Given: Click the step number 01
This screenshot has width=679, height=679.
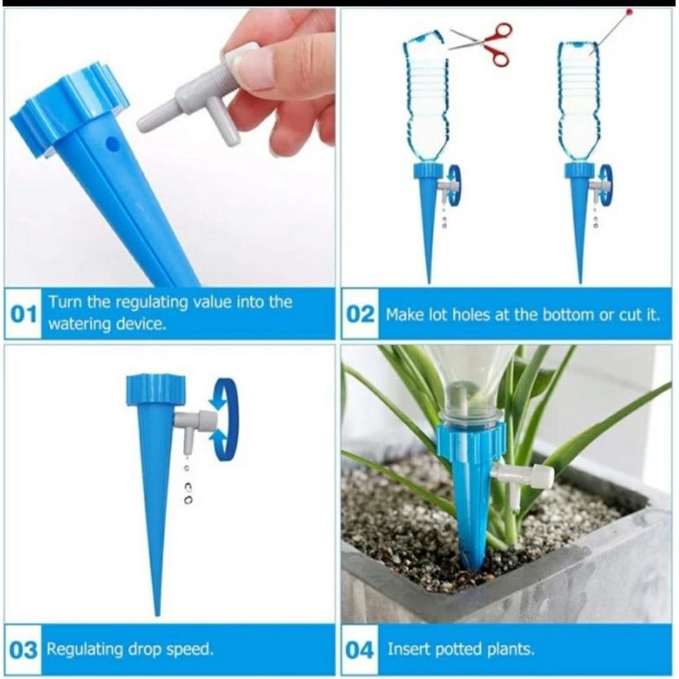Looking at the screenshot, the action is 23,314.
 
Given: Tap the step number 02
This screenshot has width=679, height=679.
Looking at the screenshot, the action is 360,314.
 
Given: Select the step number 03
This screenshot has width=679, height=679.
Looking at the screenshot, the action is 23,651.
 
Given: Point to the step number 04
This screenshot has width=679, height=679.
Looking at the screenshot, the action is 360,651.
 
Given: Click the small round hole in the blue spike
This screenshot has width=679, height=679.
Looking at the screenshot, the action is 111,143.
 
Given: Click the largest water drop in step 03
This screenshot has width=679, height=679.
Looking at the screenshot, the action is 188,500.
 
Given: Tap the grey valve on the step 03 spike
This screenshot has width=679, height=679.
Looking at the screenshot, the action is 195,426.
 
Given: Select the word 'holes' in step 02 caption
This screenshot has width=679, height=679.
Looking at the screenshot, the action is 471,315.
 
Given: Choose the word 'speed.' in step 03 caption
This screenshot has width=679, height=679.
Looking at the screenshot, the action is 191,651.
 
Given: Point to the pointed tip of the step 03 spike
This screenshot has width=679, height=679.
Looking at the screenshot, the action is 158,615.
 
